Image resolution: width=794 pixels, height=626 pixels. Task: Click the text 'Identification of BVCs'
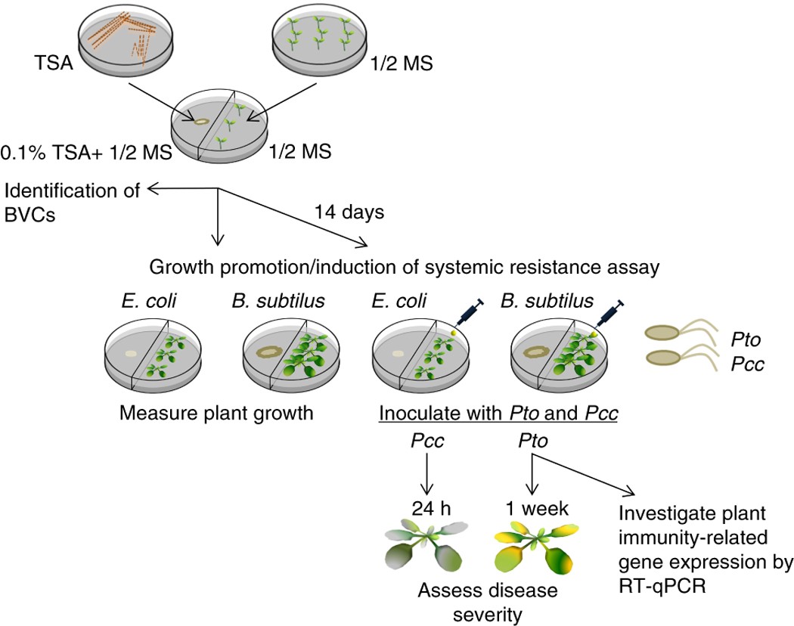tap(71, 201)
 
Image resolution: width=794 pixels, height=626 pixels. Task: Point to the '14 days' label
tap(349, 212)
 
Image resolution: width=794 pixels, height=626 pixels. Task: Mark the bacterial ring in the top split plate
tap(202, 120)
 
